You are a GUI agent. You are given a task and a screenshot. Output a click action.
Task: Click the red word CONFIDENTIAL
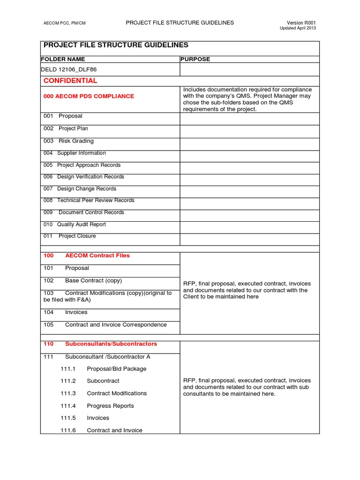pyautogui.click(x=70, y=81)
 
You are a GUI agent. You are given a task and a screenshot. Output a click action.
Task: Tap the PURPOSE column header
pyautogui.click(x=195, y=60)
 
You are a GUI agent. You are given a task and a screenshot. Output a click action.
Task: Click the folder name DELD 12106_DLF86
pyautogui.click(x=69, y=69)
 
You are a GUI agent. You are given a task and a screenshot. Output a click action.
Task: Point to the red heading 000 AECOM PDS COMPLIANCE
pyautogui.click(x=89, y=96)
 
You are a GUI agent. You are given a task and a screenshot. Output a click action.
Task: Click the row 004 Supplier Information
pyautogui.click(x=75, y=153)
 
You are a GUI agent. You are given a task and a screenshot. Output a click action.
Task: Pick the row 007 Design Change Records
pyautogui.click(x=80, y=189)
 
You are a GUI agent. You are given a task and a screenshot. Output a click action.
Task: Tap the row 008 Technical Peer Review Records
pyautogui.click(x=89, y=201)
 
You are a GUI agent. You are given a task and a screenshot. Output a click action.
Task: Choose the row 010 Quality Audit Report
pyautogui.click(x=75, y=225)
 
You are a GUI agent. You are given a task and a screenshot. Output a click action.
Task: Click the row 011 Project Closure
pyautogui.click(x=69, y=236)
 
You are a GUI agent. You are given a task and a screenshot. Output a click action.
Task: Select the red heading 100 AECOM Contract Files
pyautogui.click(x=87, y=256)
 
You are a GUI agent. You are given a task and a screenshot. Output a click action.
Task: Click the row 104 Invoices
pyautogui.click(x=66, y=312)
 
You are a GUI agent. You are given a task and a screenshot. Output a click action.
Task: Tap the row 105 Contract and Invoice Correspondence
pyautogui.click(x=105, y=325)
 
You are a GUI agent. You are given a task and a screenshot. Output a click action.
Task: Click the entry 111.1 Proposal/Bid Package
pyautogui.click(x=103, y=369)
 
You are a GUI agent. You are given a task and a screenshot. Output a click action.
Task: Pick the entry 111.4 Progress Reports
pyautogui.click(x=97, y=406)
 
